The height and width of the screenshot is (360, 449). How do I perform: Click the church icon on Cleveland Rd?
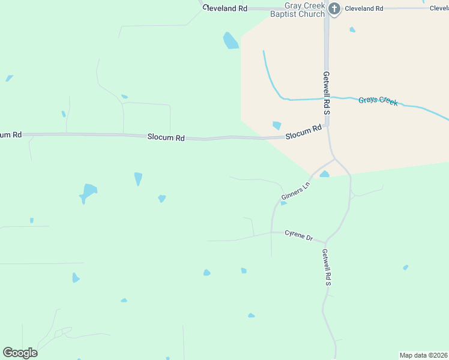(334, 8)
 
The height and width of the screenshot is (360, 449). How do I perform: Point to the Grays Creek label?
(378, 101)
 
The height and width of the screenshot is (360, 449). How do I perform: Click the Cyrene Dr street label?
(299, 236)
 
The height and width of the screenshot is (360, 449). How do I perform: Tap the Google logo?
(20, 353)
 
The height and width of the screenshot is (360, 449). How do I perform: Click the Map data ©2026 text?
(423, 355)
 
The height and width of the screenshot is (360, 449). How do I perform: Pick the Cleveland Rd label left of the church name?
(225, 8)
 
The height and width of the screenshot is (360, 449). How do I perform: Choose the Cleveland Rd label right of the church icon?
(363, 8)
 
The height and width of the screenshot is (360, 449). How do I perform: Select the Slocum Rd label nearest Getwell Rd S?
(304, 132)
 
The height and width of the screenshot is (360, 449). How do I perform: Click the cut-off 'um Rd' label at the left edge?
(11, 134)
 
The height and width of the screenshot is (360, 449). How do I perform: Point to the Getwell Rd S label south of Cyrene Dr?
(327, 267)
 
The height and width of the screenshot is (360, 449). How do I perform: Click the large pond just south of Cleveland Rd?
(231, 41)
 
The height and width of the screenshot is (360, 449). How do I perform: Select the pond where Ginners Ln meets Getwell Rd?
(324, 174)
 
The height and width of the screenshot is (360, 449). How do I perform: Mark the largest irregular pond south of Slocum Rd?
(89, 193)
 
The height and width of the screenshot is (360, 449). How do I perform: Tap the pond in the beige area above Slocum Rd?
(277, 125)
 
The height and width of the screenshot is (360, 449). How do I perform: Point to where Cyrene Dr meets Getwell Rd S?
(326, 242)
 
